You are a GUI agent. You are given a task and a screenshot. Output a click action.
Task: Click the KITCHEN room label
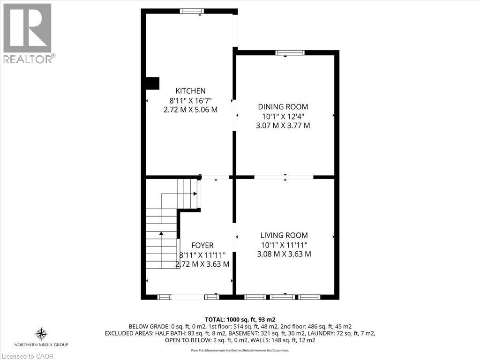190,91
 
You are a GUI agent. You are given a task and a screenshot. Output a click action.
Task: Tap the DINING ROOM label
283,107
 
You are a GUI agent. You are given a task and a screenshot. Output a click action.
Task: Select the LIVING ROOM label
284,235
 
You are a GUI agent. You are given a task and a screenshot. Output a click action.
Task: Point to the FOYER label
202,245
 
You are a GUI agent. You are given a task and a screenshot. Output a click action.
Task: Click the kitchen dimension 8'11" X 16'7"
190,100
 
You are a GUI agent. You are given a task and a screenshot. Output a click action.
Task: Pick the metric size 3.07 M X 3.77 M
283,126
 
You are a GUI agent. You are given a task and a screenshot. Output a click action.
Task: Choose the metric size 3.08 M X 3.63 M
284,254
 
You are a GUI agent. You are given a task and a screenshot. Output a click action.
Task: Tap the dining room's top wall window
290,52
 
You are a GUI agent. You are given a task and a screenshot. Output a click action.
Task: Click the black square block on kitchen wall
152,83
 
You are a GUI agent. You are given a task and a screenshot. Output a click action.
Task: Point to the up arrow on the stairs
161,233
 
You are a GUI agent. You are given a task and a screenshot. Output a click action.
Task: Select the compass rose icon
41,334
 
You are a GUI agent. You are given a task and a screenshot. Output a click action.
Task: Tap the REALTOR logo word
28,59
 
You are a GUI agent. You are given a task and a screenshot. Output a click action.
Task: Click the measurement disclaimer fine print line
240,350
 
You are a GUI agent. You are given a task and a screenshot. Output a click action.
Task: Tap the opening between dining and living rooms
284,177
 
